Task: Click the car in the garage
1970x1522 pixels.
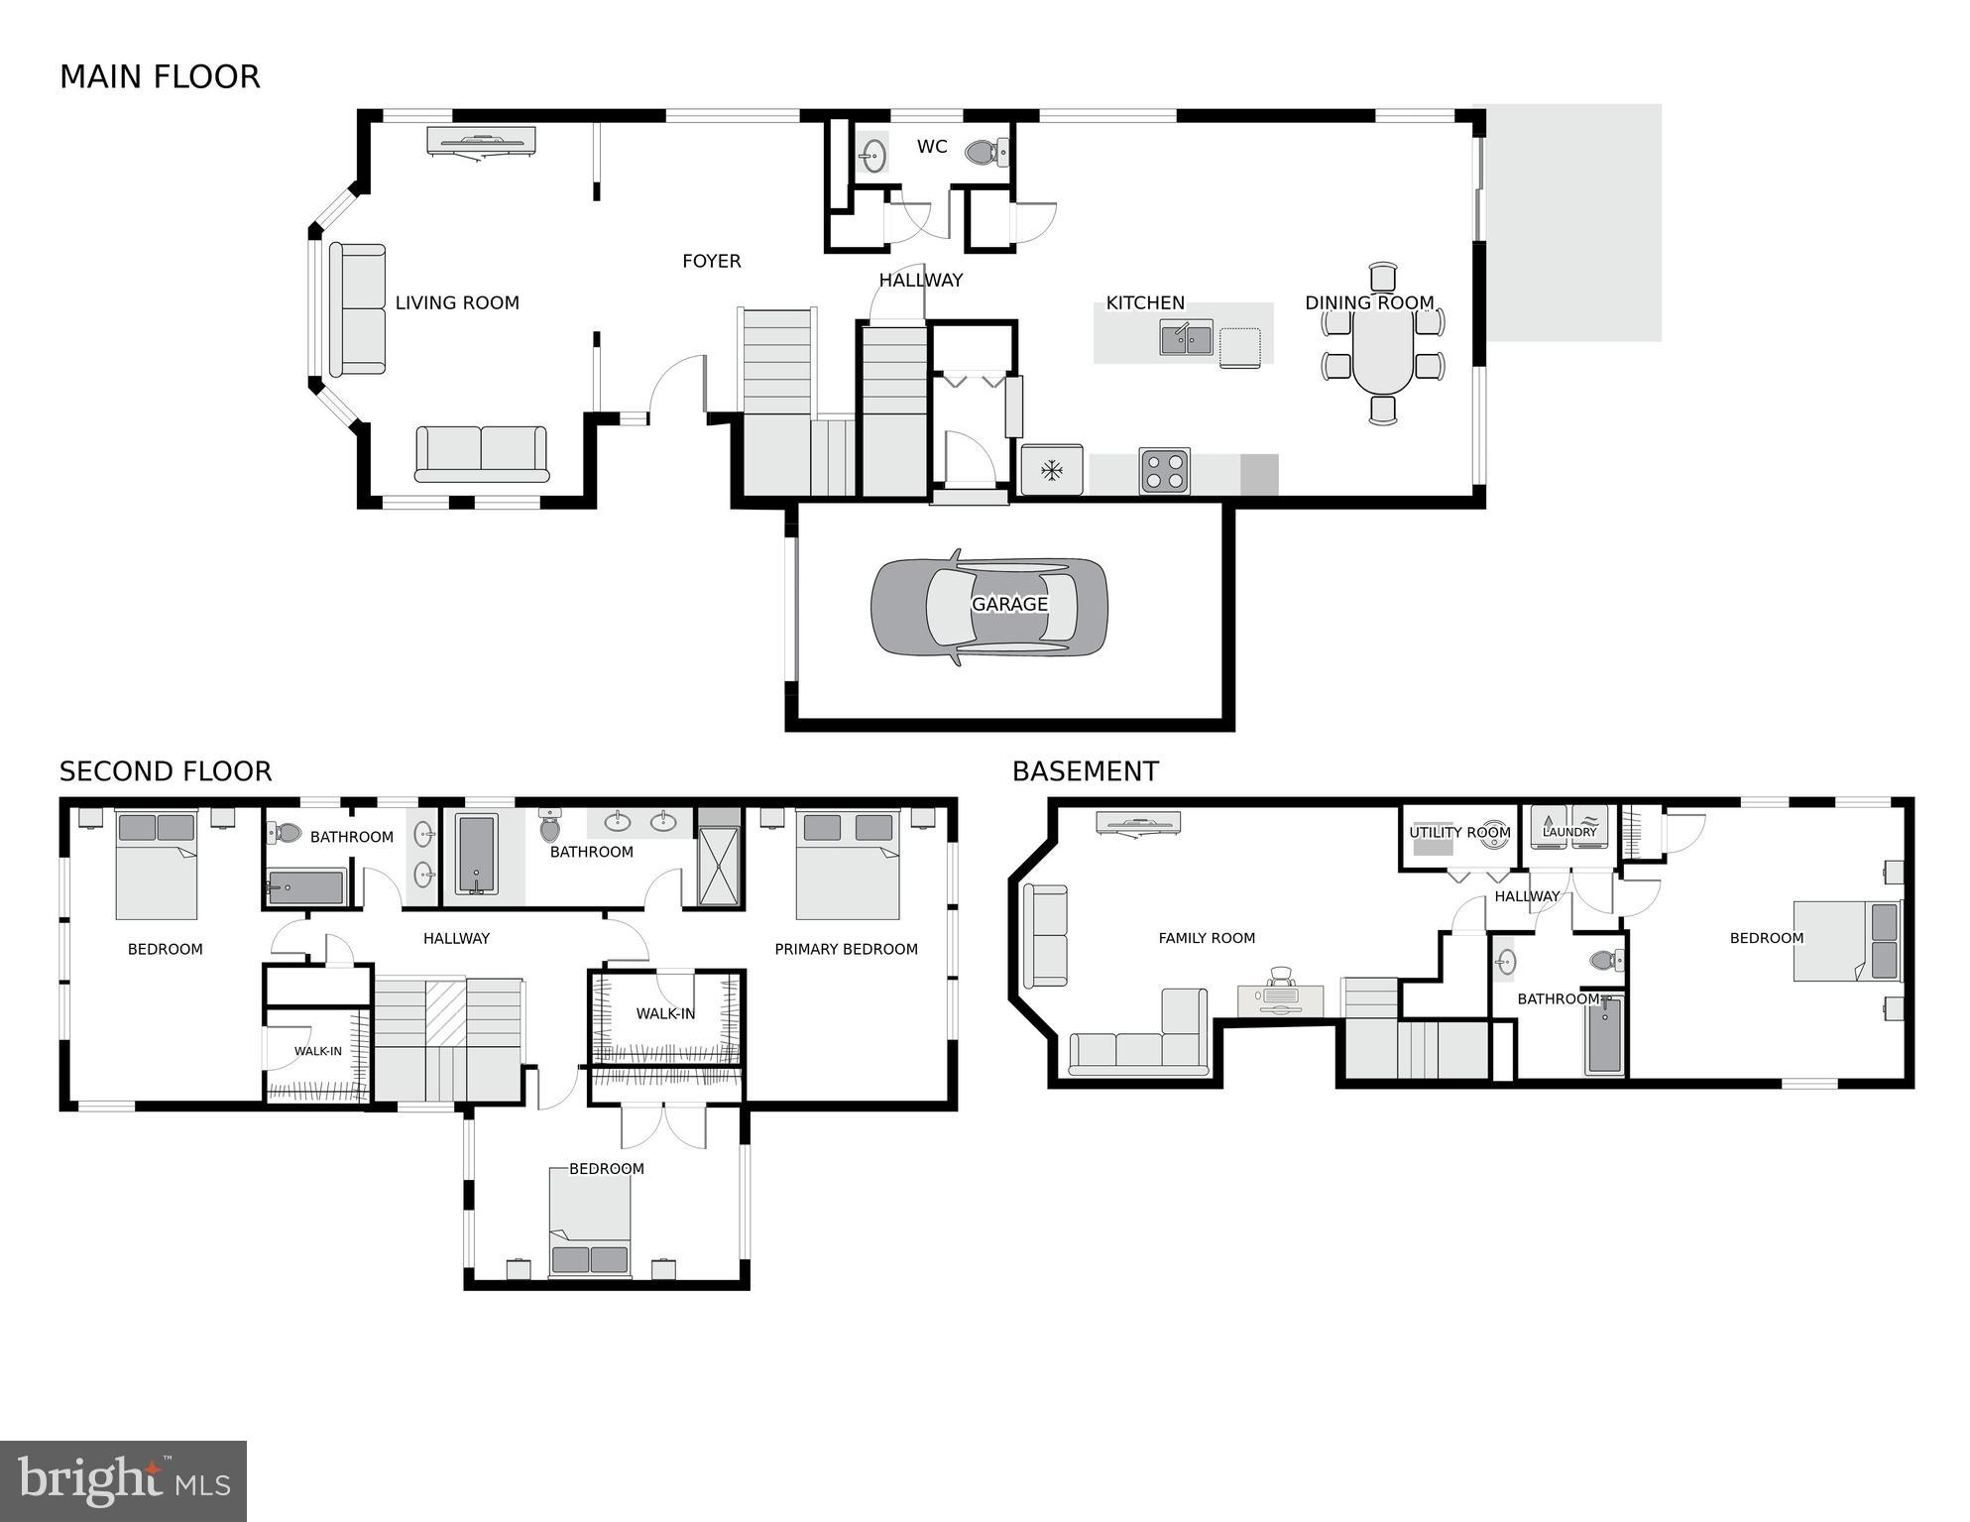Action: click(988, 608)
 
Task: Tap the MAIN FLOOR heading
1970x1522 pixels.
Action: click(160, 77)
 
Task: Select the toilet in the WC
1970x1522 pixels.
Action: click(984, 153)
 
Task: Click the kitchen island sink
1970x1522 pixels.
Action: click(1186, 338)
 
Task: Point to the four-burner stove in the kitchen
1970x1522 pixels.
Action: click(1164, 471)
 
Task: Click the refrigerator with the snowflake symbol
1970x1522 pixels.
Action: click(1051, 470)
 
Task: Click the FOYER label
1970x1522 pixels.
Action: click(711, 261)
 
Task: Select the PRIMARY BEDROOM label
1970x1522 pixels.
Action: click(846, 949)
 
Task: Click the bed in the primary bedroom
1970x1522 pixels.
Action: click(847, 865)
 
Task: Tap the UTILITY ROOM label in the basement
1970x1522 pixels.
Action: click(1459, 833)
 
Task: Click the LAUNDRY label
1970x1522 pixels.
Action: click(1569, 832)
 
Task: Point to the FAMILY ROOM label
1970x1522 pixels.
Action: click(1207, 938)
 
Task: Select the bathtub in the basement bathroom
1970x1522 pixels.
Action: click(1603, 1036)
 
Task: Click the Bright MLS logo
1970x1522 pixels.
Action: click(123, 1480)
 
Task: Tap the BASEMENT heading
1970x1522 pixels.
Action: click(1085, 771)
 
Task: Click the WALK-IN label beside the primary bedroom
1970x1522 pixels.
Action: click(665, 1013)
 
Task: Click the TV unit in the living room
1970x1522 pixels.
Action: click(481, 140)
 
